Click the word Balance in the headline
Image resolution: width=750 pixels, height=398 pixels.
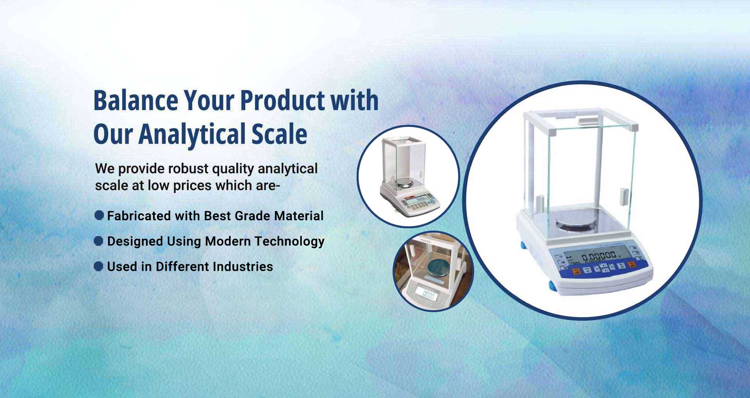point(136,101)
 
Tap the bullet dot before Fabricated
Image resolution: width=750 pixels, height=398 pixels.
point(99,215)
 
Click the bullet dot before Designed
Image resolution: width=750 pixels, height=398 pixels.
point(99,241)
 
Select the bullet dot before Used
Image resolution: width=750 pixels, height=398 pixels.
point(99,267)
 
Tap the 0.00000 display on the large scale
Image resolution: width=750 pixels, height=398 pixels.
point(598,256)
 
